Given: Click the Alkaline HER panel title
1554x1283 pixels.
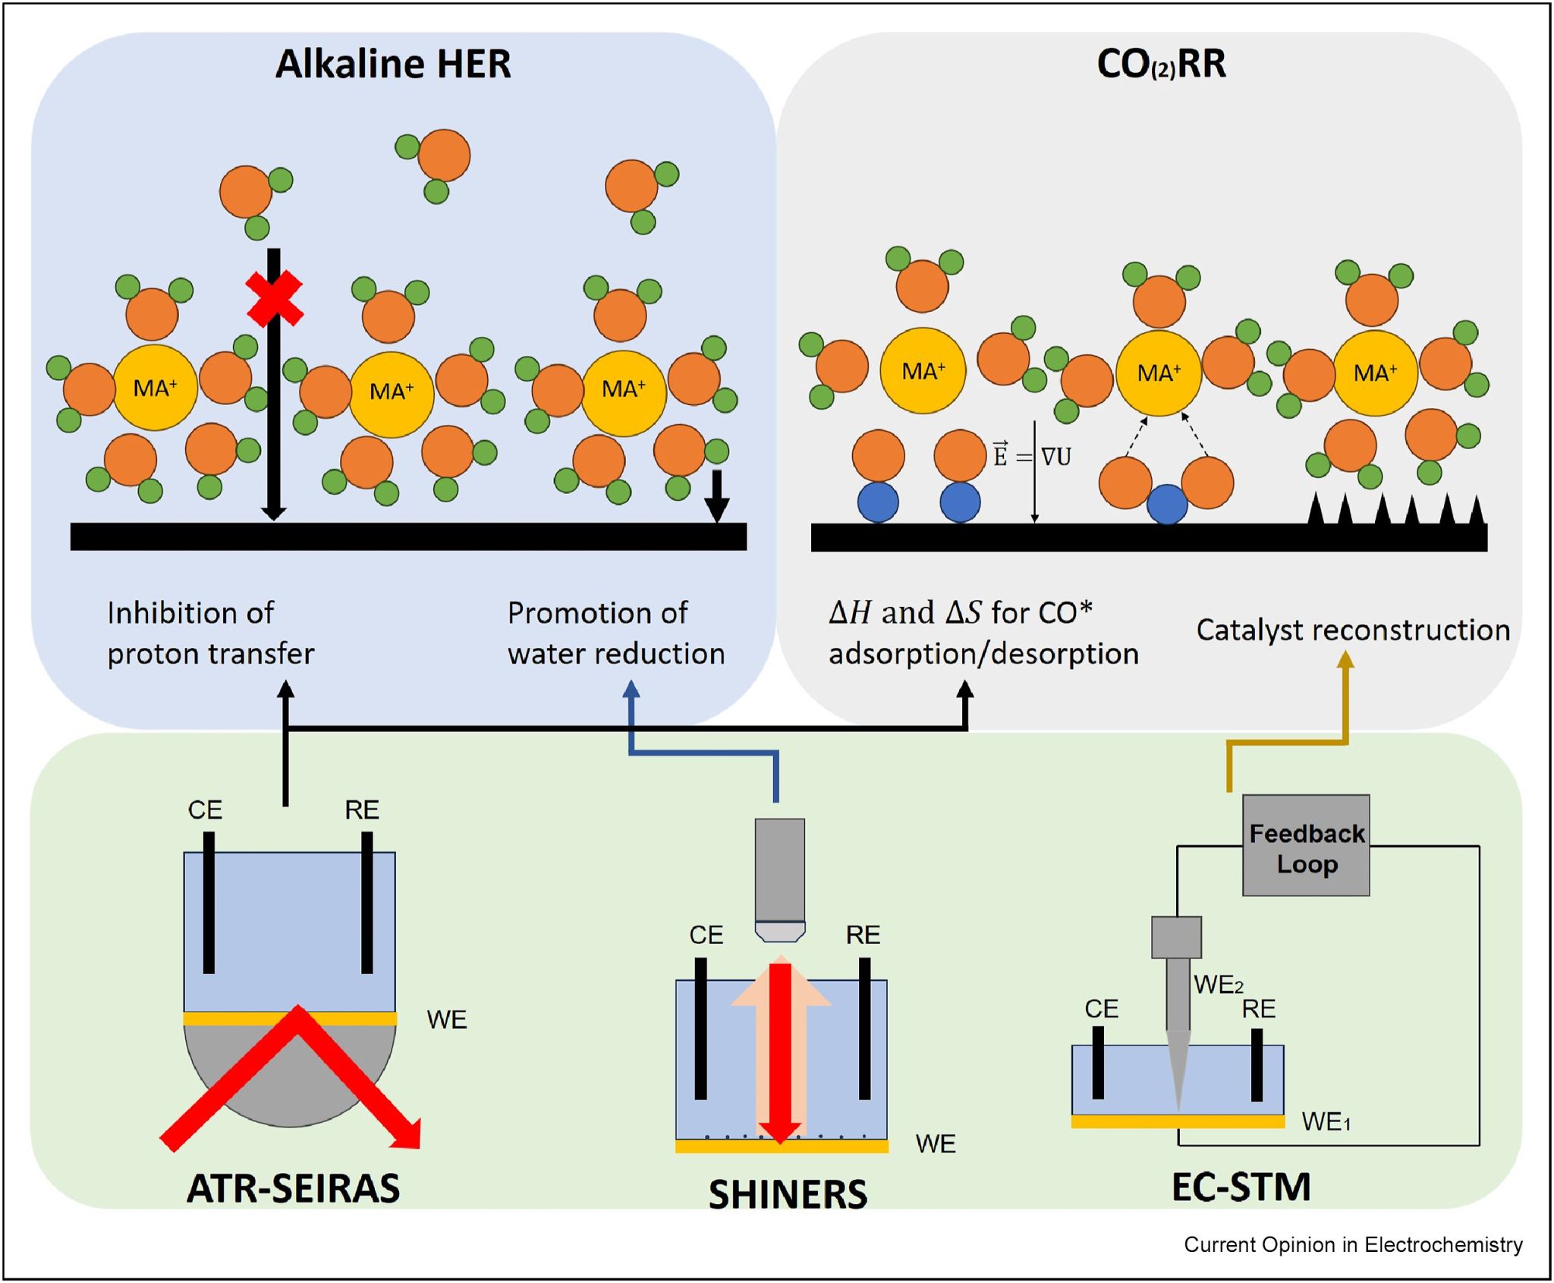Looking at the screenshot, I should coord(393,64).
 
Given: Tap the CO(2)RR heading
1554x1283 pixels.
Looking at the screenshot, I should coord(1161,64).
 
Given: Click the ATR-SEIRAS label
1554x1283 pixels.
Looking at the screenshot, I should coord(293,1188).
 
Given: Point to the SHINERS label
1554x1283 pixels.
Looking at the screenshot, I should coord(788,1194).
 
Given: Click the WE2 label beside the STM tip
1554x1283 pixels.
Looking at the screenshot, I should coord(1219,985).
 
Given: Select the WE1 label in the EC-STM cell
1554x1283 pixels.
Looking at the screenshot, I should coord(1326,1121).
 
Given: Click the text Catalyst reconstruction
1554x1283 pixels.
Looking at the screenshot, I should coord(1353,630).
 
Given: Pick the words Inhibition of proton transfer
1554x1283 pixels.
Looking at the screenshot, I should coord(210,634).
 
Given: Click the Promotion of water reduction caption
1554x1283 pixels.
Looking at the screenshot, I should coord(616,634).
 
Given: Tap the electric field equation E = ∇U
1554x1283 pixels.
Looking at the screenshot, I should coord(1032,456).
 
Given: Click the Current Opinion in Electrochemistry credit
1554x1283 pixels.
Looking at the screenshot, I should coord(1353,1245).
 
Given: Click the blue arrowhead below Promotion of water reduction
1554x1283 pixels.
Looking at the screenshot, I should coord(631,689).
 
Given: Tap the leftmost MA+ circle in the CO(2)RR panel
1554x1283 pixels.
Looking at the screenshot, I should coord(923,371).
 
